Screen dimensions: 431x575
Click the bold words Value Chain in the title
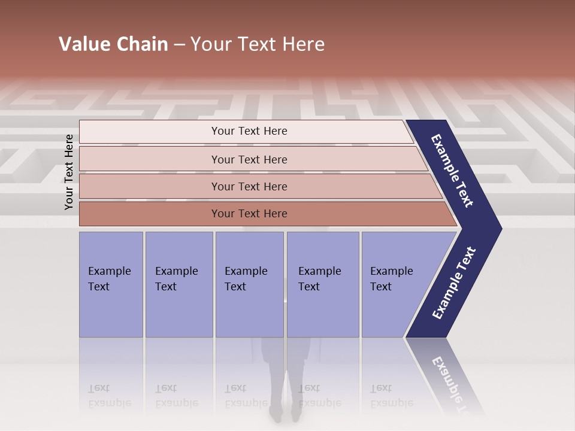113,44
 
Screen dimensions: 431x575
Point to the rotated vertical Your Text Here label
69,172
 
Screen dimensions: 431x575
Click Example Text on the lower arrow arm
453,283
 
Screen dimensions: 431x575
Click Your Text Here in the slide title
258,44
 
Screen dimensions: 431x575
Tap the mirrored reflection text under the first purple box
109,396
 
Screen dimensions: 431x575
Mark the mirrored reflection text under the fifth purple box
391,396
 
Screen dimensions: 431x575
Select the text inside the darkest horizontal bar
249,214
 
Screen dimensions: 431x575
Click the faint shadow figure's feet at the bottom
285,413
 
